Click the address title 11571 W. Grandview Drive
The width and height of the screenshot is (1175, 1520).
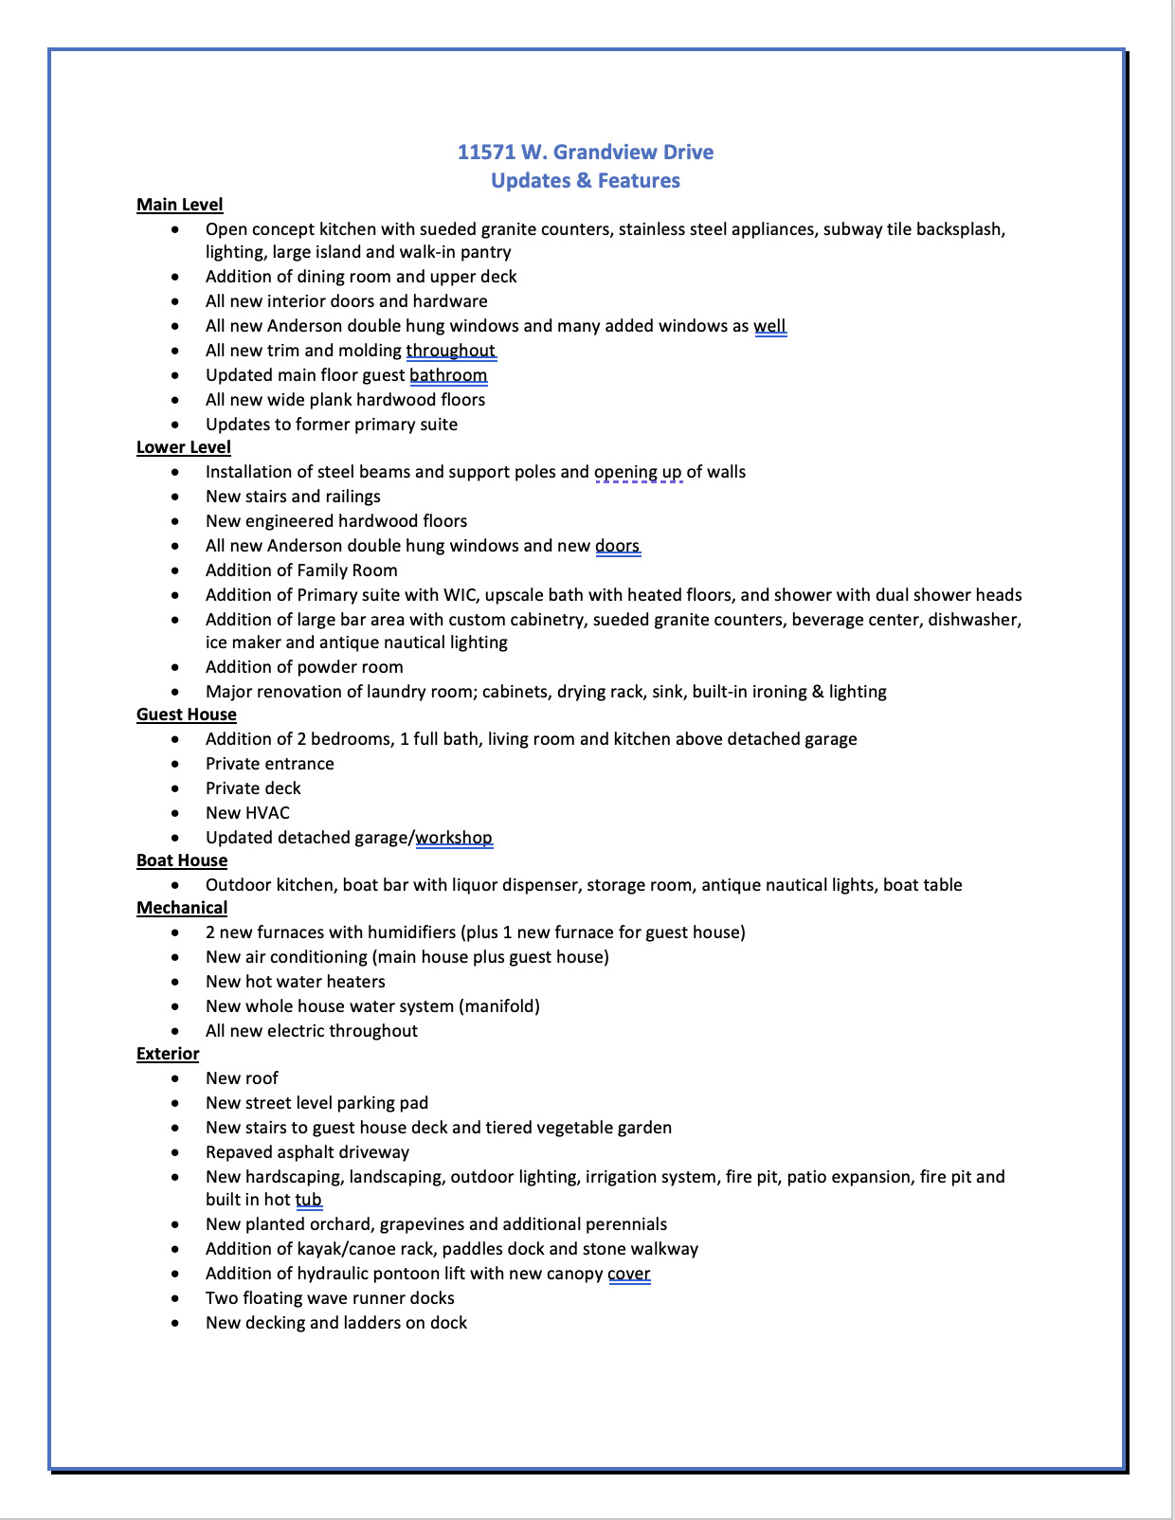585,153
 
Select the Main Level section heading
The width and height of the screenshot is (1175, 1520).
179,205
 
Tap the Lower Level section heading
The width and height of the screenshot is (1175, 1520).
183,447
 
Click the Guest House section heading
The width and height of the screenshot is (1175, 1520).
186,715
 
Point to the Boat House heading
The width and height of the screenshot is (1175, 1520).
181,860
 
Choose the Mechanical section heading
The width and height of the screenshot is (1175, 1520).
181,908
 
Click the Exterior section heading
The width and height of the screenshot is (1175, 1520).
167,1054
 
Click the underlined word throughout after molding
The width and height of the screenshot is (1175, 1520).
451,351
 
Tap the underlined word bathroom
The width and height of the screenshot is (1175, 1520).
448,375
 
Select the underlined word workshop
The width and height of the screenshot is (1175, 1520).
454,838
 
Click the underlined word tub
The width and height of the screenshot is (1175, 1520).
308,1200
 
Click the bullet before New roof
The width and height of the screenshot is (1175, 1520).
175,1078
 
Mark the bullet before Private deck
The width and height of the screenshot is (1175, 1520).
175,788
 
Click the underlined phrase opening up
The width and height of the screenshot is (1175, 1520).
638,472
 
